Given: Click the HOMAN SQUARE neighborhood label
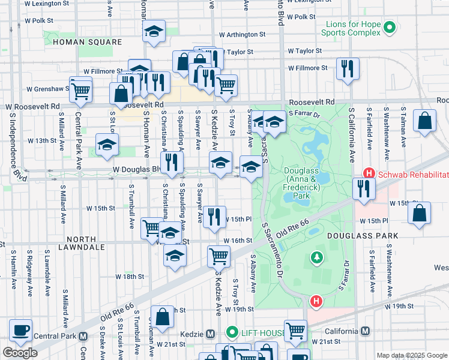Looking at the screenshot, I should tap(87, 42).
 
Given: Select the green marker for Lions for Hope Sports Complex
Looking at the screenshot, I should tap(390, 27).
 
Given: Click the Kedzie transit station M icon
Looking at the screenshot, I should tap(210, 334).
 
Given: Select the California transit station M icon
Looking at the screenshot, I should tap(365, 332).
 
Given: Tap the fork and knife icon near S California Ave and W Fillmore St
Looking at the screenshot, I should tap(348, 68).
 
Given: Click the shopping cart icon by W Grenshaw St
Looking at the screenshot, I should tap(81, 91).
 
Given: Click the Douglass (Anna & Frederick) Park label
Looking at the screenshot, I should tap(306, 182).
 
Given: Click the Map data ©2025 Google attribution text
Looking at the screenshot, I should tap(411, 355).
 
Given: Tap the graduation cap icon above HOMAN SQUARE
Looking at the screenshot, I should tap(154, 31).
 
